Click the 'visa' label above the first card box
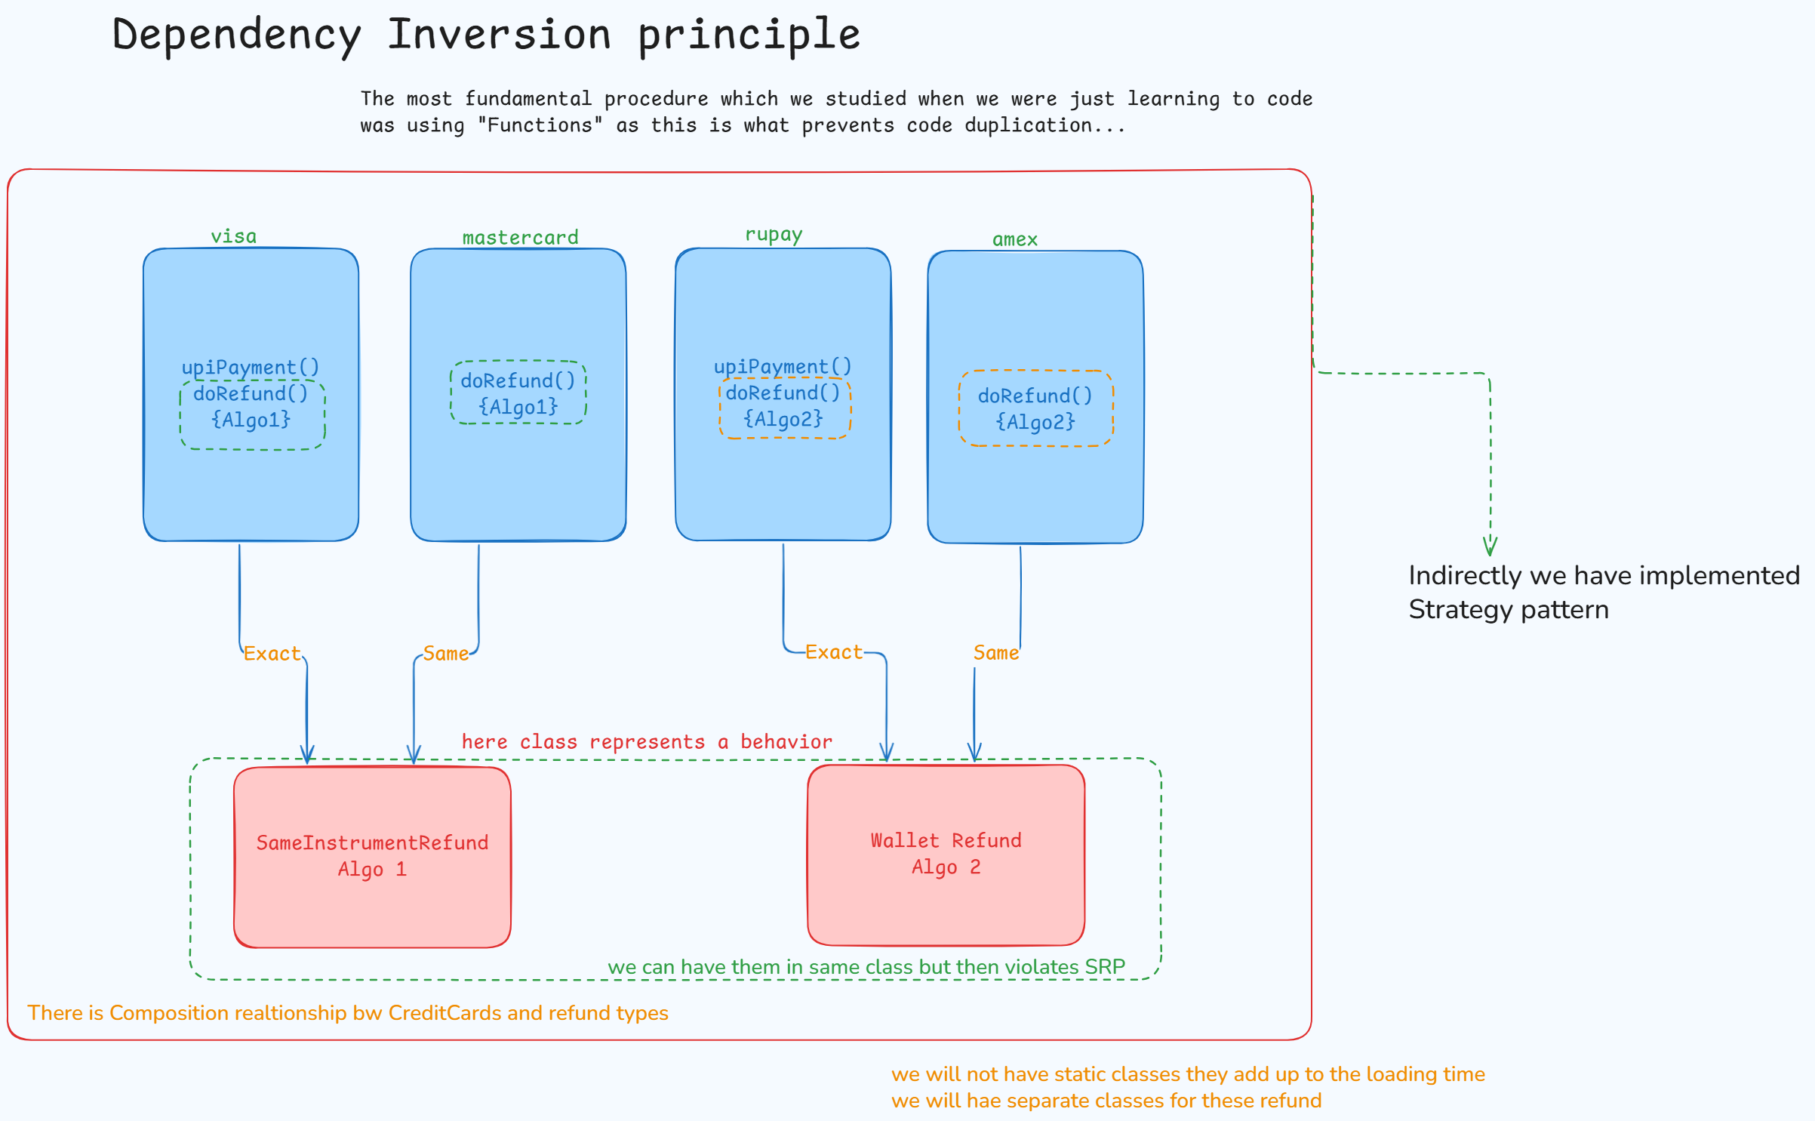point(233,236)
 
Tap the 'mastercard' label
point(520,238)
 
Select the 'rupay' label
point(774,235)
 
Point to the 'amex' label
point(1014,239)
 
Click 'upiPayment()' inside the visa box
point(251,368)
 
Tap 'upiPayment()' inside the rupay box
point(783,367)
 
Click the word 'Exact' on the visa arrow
point(272,654)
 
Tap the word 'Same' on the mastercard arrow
point(445,654)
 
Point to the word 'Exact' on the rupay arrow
point(833,652)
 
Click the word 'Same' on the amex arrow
point(995,653)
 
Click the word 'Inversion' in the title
point(499,35)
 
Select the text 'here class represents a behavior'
point(647,742)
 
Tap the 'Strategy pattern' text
point(1509,610)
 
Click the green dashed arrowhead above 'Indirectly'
point(1490,546)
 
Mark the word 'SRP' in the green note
point(1105,966)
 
